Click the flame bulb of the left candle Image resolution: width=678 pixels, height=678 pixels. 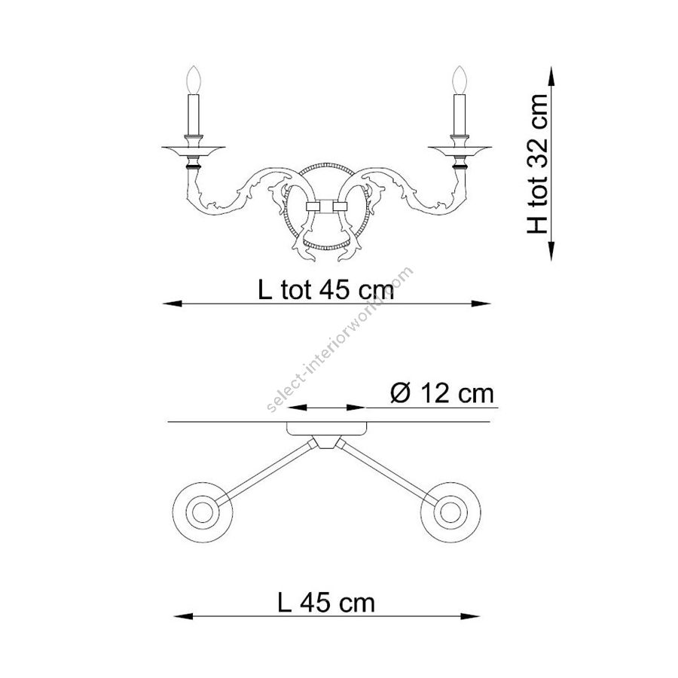click(x=194, y=80)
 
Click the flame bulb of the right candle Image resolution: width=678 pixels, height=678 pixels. click(x=460, y=80)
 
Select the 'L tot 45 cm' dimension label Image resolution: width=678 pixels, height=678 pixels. click(x=326, y=290)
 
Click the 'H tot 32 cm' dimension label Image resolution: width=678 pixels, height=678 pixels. click(x=537, y=164)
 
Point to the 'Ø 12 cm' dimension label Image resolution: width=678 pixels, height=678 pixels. click(x=442, y=394)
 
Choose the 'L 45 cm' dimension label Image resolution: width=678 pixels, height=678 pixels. click(x=326, y=603)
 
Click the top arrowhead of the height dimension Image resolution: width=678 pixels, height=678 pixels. click(x=551, y=77)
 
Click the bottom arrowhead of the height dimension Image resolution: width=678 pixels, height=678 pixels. click(x=551, y=251)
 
